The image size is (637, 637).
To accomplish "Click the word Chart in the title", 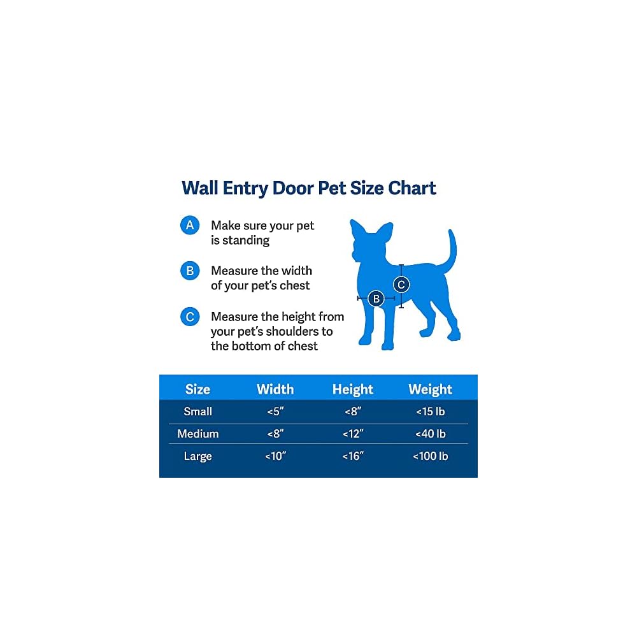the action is point(412,188).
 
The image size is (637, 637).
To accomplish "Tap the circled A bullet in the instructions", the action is point(190,225).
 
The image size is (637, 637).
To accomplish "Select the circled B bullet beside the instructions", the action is point(190,271).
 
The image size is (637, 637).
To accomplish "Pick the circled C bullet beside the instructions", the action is point(190,317).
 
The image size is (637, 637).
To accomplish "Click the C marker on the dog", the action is point(401,285).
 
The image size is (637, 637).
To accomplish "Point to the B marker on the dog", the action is point(376,299).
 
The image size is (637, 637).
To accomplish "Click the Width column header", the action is point(275,389).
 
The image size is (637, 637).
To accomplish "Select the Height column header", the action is point(353,389).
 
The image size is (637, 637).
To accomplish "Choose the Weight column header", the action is point(430,389).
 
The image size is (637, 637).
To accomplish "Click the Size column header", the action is point(197,389).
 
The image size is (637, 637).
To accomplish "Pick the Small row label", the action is point(198,412).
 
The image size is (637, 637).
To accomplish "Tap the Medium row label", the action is point(198,434).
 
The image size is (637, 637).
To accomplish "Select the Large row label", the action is point(198,457).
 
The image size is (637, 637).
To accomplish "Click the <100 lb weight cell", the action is point(430,456).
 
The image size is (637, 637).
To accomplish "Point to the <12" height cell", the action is point(353,434).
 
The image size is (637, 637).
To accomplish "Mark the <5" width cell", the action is point(275,412).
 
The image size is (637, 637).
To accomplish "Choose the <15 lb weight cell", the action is point(430,412).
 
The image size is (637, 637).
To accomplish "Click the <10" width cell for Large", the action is point(275,456).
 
